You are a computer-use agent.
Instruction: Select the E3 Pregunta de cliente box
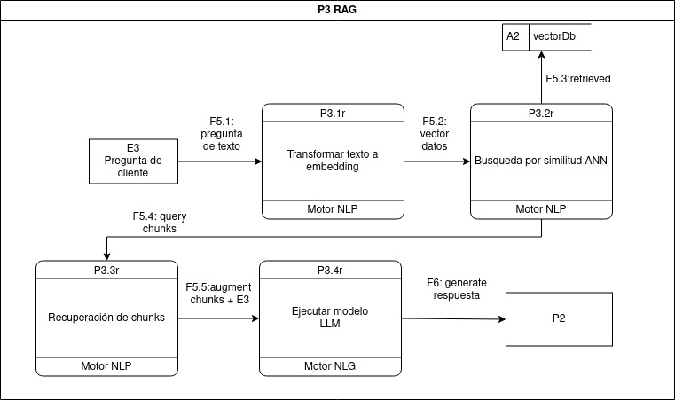point(133,161)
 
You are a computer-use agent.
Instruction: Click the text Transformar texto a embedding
point(333,161)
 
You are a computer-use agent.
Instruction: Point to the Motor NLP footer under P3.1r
point(333,209)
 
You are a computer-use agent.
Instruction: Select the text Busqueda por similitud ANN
point(541,161)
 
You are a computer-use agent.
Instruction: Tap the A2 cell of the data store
point(514,37)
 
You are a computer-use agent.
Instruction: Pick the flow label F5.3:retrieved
point(577,78)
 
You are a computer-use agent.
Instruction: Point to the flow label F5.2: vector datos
point(434,133)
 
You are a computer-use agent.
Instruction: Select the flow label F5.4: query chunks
point(159,222)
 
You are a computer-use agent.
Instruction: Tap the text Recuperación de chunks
point(106,318)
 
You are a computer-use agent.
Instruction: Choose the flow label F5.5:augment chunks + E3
point(218,294)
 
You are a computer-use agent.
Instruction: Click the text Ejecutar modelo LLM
point(329,318)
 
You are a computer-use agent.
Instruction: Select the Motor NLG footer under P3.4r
point(329,365)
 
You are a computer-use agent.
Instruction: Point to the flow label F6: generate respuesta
point(457,288)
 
